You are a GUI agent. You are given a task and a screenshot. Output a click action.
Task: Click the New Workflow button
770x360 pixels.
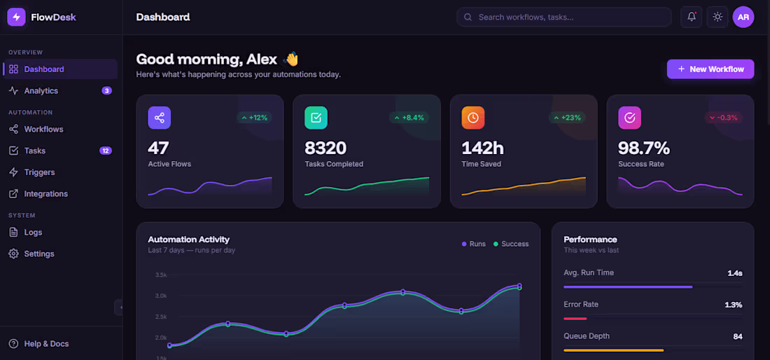pos(710,69)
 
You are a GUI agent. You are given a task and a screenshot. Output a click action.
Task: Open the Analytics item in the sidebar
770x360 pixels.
pos(41,91)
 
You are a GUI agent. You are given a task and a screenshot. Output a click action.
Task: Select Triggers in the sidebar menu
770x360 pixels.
pos(39,172)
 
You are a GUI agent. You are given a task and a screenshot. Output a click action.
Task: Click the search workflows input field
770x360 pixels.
pos(563,17)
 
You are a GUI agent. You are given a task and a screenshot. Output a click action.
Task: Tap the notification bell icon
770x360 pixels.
pos(692,17)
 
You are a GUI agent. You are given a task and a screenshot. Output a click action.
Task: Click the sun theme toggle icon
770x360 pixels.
pos(717,17)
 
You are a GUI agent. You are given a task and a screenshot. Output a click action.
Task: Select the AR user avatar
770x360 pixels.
pos(743,17)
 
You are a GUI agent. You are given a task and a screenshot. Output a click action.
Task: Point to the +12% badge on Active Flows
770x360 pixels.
pos(254,118)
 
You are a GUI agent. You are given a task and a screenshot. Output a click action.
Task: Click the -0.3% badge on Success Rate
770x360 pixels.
pos(724,118)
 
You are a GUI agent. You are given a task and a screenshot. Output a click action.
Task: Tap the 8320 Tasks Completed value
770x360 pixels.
pos(325,148)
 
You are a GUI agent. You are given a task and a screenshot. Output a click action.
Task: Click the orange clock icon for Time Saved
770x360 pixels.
pos(472,118)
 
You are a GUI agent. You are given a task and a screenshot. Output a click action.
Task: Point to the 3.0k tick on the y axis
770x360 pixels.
pos(161,296)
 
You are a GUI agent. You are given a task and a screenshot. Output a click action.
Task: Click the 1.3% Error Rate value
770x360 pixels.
pos(733,305)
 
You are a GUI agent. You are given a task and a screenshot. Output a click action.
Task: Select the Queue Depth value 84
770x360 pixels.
pos(737,336)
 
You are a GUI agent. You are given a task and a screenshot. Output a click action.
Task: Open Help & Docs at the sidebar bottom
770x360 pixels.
pos(46,344)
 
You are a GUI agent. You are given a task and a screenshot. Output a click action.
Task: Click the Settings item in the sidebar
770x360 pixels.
pos(38,254)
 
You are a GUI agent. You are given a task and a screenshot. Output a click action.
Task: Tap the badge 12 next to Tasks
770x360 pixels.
pos(106,151)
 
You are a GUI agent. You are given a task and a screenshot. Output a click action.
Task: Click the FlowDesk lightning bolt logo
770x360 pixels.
pos(16,17)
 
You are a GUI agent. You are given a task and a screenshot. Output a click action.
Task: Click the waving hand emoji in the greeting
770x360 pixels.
pos(291,60)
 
